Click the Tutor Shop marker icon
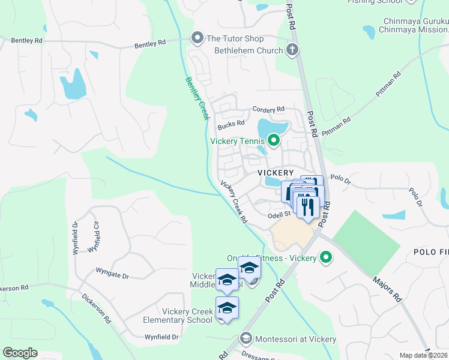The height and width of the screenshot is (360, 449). [x=197, y=38]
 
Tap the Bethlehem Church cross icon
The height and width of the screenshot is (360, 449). [x=292, y=50]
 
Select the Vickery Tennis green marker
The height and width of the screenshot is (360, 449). [x=274, y=141]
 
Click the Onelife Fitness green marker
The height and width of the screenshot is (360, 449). [x=326, y=258]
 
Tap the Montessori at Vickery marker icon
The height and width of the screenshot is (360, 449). [x=246, y=339]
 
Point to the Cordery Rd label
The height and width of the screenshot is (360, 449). [x=268, y=110]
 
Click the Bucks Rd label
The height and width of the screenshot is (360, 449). [x=231, y=124]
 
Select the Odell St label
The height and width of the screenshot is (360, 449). [x=279, y=214]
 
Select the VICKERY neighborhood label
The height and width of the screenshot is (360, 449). [x=276, y=172]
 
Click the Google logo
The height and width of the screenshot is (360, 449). [x=20, y=353]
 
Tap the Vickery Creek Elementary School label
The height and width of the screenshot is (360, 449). [x=187, y=316]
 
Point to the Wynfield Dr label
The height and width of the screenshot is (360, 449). [x=158, y=337]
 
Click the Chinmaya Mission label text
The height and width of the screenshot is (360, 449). [x=414, y=29]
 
